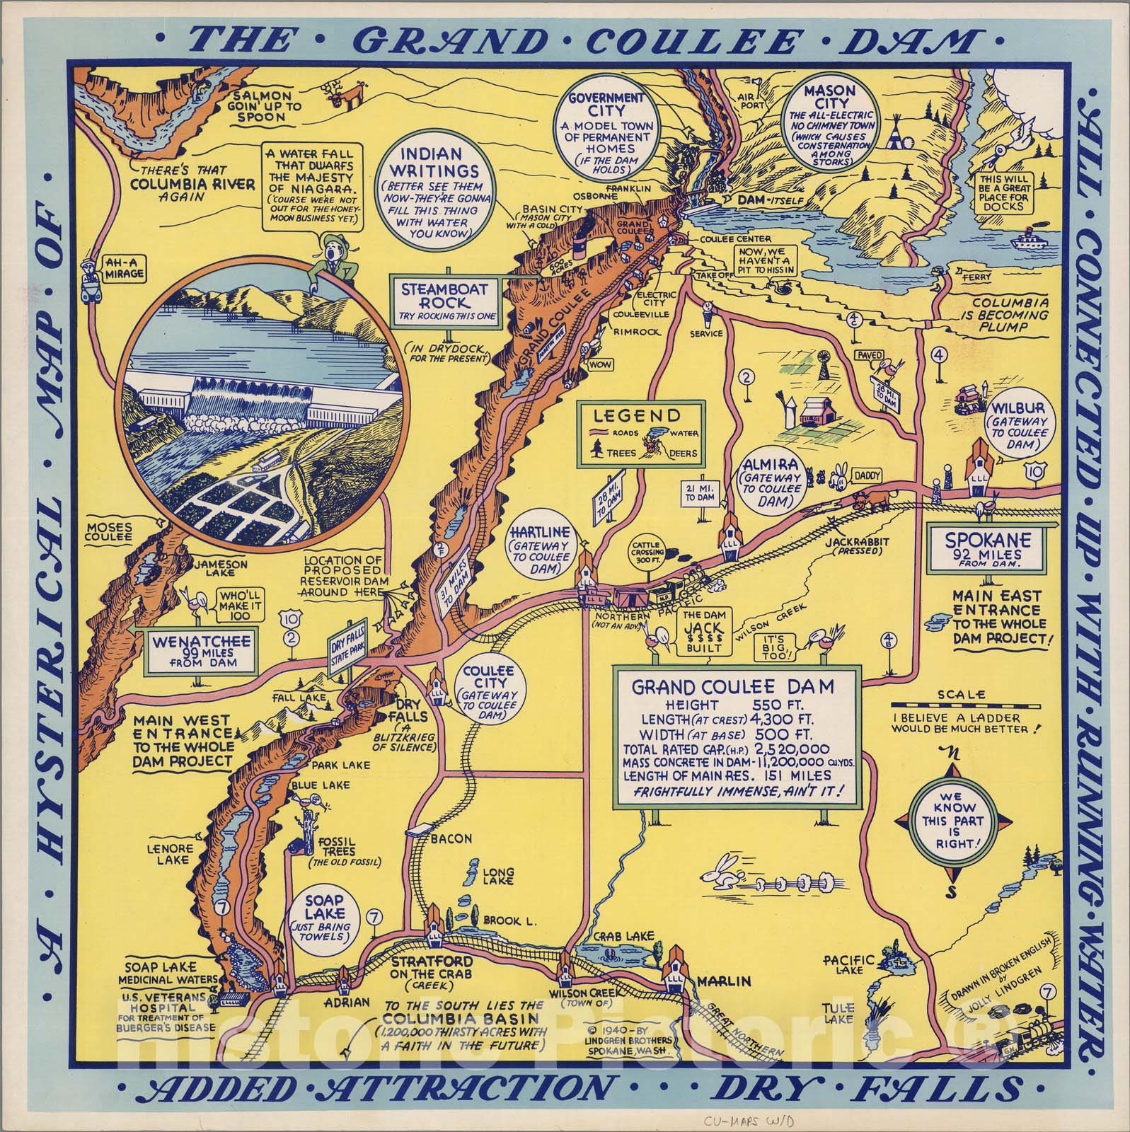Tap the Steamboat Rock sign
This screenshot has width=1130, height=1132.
coord(446,301)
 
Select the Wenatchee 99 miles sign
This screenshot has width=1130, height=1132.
coord(201,649)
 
